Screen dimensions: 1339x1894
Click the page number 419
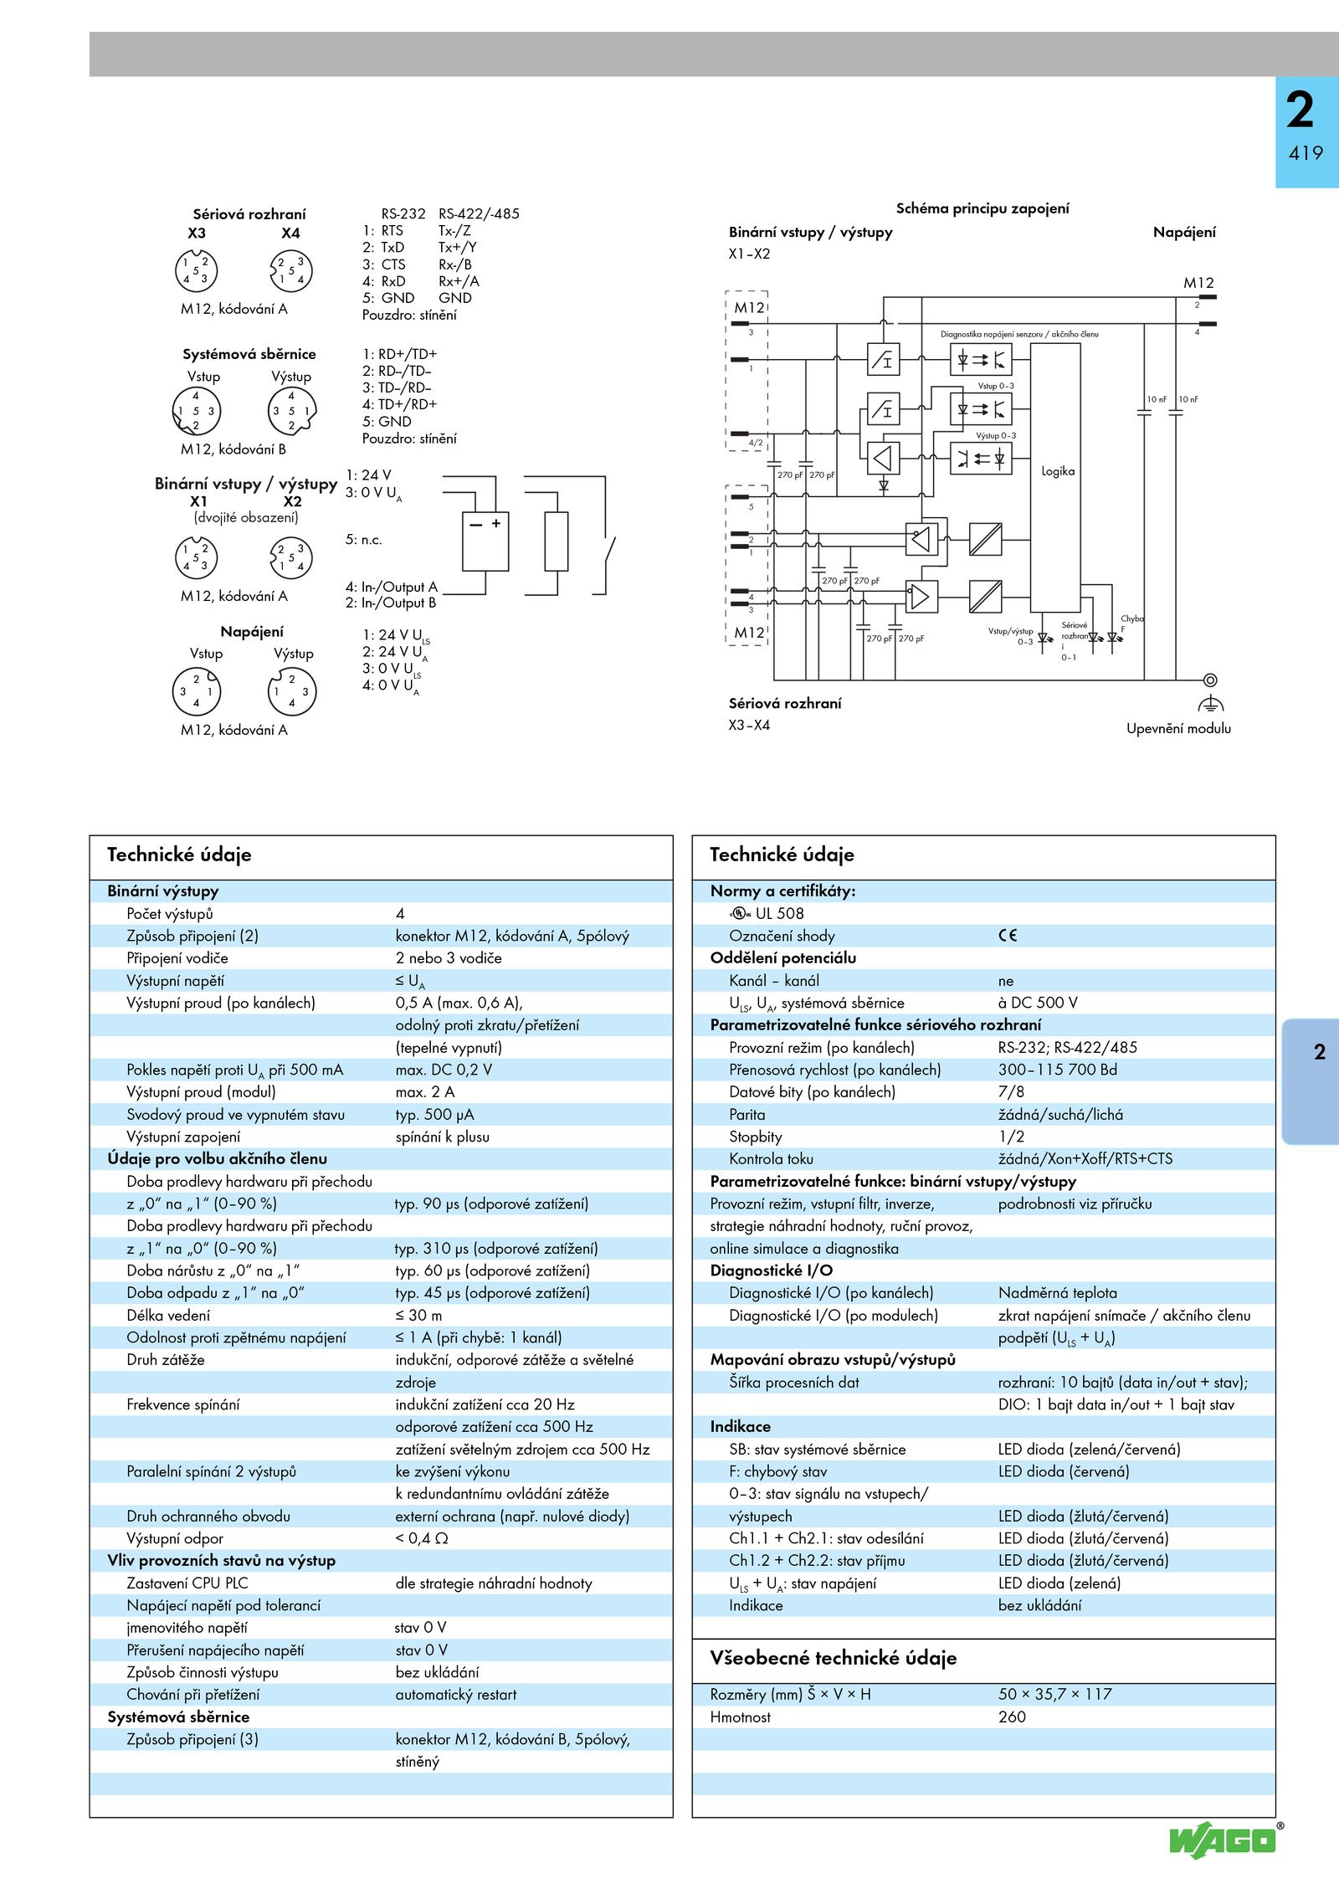pyautogui.click(x=1306, y=153)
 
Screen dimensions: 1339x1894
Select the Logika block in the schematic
pyautogui.click(x=1055, y=477)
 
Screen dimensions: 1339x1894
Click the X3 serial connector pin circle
pyautogui.click(x=196, y=271)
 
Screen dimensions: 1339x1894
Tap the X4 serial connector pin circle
pyautogui.click(x=290, y=271)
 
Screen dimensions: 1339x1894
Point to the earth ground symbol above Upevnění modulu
pyautogui.click(x=1210, y=703)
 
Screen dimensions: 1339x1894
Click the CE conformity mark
pyautogui.click(x=1008, y=936)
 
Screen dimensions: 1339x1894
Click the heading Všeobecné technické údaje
pyautogui.click(x=833, y=1658)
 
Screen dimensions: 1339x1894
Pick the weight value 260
pyautogui.click(x=1012, y=1717)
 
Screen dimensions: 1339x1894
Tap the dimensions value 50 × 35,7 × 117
pyautogui.click(x=1054, y=1694)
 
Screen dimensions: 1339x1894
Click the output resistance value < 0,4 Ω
pyautogui.click(x=422, y=1538)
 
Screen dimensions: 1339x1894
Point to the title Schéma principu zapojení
pyautogui.click(x=982, y=208)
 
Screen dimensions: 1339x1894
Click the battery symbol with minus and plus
pyautogui.click(x=485, y=542)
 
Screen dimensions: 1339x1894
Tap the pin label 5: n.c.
pyautogui.click(x=364, y=540)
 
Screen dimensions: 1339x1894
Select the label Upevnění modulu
pyautogui.click(x=1178, y=729)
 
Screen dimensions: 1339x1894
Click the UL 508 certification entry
pyautogui.click(x=766, y=914)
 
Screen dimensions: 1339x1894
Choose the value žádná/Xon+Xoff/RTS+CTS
pyautogui.click(x=1085, y=1159)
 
